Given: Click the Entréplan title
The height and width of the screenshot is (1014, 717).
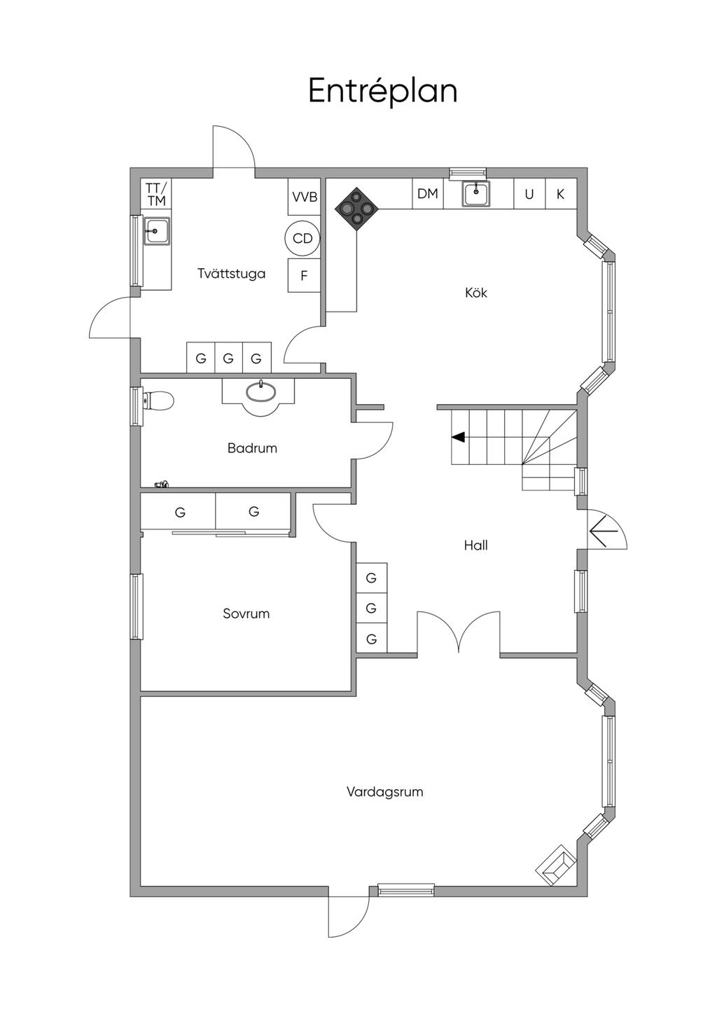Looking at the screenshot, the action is tap(382, 91).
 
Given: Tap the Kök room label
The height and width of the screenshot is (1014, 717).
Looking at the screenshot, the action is tap(475, 293).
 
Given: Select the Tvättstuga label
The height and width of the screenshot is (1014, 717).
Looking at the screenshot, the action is tap(231, 274).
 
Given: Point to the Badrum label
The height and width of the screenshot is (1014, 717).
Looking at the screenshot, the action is tap(252, 448).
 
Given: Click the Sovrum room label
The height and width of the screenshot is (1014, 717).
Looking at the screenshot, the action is tap(246, 613).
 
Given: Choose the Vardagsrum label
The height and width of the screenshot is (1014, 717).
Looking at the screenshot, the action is tap(384, 792).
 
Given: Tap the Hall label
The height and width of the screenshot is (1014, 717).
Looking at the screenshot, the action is tap(475, 545).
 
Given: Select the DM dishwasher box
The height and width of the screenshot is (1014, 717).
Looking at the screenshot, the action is tap(427, 194).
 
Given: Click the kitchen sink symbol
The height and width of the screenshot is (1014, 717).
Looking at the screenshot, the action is tap(476, 193).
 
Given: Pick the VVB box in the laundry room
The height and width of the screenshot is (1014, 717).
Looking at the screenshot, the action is tap(305, 197).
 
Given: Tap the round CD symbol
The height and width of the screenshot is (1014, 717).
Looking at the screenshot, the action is tap(302, 239).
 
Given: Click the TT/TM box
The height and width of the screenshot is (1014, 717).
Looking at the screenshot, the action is tap(157, 194).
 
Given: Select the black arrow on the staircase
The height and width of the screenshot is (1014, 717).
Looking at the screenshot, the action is tap(458, 437).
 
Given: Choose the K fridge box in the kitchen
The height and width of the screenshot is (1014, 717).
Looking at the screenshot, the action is tap(560, 195).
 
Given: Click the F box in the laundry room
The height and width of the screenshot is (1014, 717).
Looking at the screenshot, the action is tap(304, 276).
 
